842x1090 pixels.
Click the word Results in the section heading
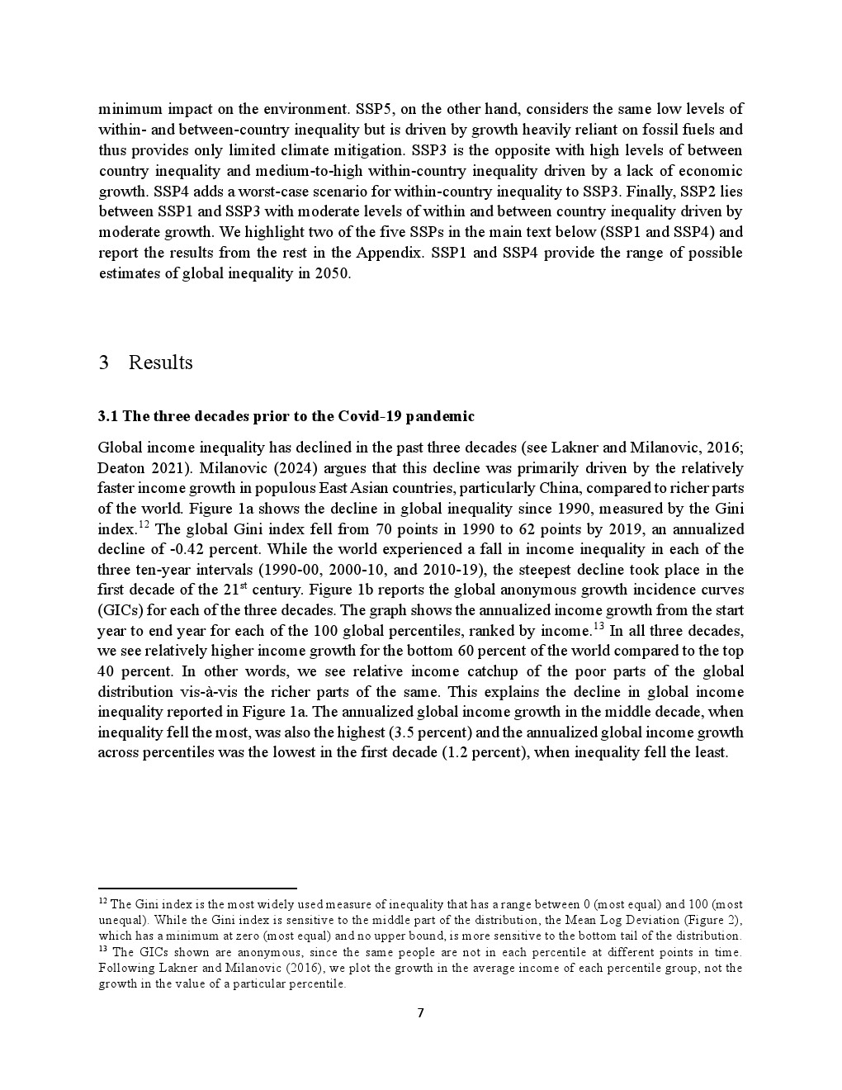160,363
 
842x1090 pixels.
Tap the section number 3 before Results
103,363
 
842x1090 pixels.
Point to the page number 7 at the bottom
420,1013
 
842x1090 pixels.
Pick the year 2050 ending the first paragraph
333,273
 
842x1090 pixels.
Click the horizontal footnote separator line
197,889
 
